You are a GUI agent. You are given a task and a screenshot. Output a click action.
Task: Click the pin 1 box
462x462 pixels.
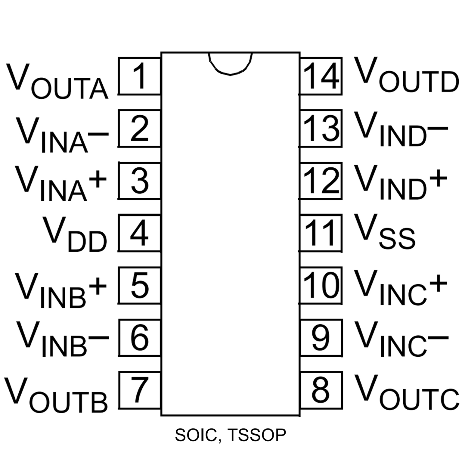pos(139,76)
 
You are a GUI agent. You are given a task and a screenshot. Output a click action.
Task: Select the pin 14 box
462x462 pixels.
pos(321,76)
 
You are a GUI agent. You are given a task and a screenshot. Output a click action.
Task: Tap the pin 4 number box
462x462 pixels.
pos(139,233)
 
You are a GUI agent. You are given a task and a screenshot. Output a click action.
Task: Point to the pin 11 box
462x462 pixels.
pos(321,233)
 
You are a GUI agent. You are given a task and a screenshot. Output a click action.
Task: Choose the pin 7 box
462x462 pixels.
pos(139,390)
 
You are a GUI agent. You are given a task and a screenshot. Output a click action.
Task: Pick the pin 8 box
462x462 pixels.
pos(321,390)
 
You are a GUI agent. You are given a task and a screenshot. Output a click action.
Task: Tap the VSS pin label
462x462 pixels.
pos(385,232)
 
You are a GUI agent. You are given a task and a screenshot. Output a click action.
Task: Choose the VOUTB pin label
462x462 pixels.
pos(56,394)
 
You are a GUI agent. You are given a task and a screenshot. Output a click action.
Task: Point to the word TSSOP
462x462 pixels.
pos(257,435)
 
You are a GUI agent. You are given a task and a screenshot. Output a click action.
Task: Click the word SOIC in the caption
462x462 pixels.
pos(197,435)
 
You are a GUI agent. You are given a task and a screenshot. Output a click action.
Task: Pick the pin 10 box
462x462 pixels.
pos(321,285)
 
